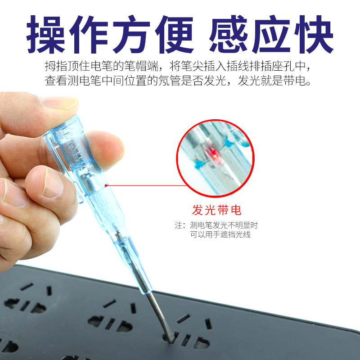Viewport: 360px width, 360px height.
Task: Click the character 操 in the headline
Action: [x=45, y=34]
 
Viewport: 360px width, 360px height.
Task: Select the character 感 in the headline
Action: [x=229, y=34]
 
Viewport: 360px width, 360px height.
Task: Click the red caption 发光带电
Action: [x=216, y=210]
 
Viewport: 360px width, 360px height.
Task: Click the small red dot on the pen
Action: [x=106, y=185]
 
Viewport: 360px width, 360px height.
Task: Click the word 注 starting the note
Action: [x=178, y=225]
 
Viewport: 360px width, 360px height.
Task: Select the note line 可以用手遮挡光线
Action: [x=220, y=234]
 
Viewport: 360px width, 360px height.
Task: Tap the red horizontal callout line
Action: [x=147, y=185]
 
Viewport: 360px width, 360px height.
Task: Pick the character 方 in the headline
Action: [x=131, y=34]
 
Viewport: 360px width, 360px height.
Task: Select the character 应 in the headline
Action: [x=271, y=34]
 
